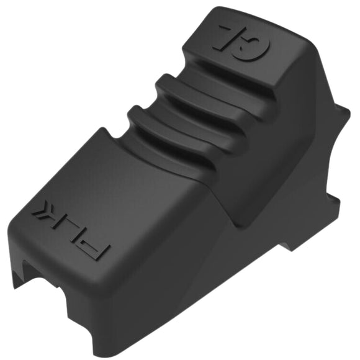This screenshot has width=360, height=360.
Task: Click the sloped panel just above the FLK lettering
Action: point(124,186)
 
